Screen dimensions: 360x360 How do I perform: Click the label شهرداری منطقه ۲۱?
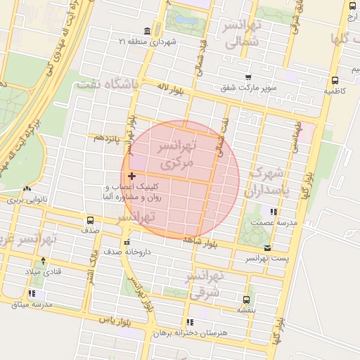(171, 42)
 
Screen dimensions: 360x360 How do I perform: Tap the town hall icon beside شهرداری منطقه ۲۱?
(146, 32)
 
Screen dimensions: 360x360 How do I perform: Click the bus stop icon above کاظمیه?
(335, 80)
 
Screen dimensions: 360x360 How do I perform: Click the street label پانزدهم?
(106, 138)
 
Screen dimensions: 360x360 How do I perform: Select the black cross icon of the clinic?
(131, 176)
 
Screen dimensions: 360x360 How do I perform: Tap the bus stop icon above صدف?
(89, 220)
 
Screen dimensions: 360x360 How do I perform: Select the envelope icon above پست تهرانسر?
(267, 247)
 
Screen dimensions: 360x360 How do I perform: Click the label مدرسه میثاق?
(31, 304)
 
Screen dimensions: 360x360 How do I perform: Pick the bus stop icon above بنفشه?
(246, 299)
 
